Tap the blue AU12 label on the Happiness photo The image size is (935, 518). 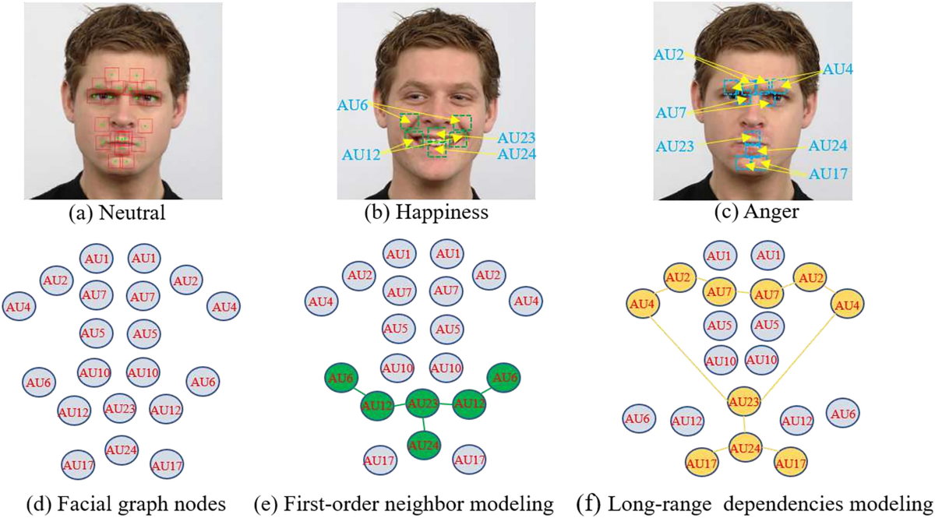tap(361, 154)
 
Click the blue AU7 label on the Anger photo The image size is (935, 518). tap(672, 113)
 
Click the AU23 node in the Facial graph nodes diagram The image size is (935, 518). tap(121, 407)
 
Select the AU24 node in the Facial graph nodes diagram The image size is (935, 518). tap(122, 449)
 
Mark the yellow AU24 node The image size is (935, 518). tap(746, 447)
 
